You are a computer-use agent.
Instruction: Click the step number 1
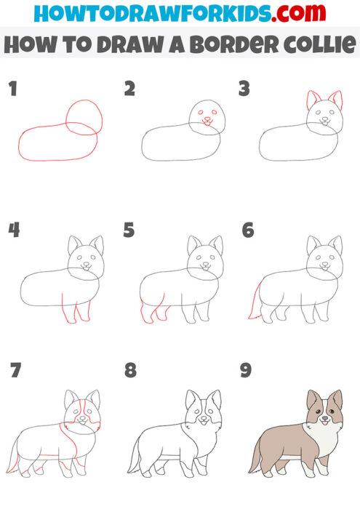[x=12, y=89]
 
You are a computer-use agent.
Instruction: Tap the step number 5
[x=129, y=231]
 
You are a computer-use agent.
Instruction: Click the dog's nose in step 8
[x=203, y=420]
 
